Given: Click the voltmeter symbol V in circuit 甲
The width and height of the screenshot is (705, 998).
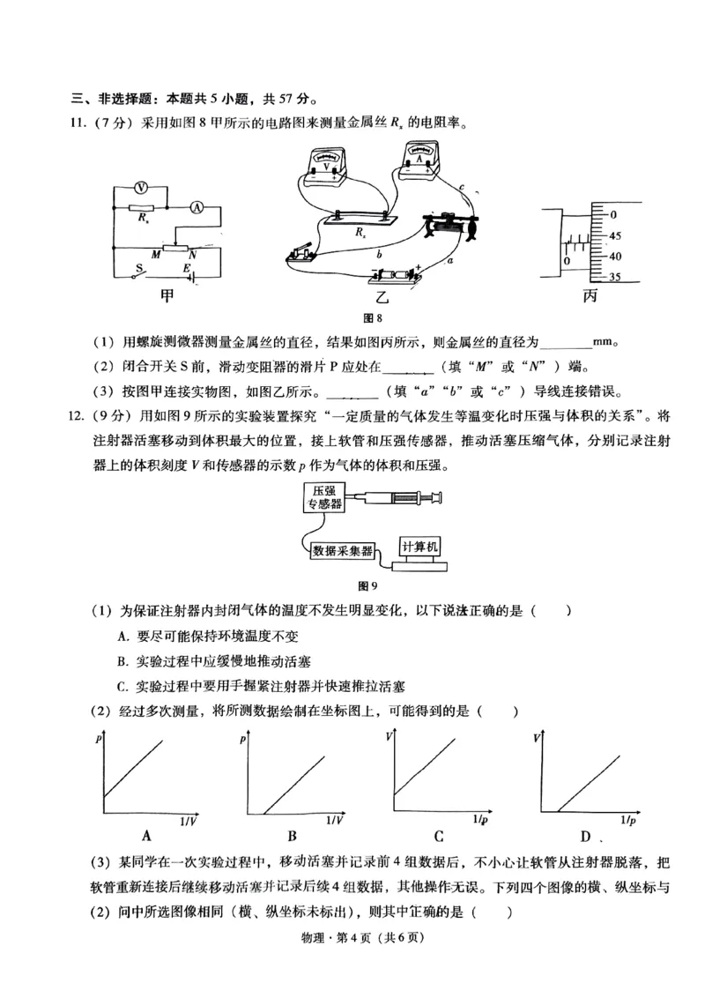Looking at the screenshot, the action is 139,188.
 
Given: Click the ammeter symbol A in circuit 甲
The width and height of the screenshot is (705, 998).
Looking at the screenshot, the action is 197,207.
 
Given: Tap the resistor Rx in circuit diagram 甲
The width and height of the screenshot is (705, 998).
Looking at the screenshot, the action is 139,209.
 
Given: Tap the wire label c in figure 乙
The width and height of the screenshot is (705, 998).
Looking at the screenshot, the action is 462,186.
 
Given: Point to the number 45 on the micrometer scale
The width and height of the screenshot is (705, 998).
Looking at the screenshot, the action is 614,236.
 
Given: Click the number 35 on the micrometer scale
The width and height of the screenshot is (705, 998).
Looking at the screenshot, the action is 614,277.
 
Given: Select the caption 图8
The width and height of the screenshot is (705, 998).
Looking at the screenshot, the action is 373,318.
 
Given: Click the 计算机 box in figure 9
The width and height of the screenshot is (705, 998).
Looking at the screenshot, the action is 419,546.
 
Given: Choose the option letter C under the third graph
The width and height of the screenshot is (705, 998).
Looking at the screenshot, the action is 438,836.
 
